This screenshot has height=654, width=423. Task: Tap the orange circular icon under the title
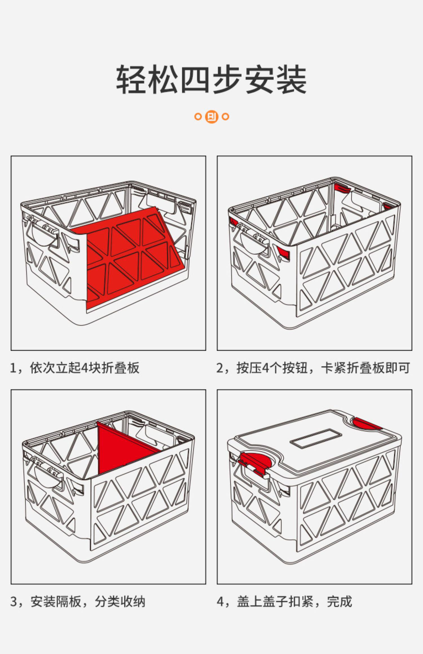point(211,116)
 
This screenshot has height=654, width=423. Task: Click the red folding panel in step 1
point(133,256)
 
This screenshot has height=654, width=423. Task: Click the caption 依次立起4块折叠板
point(84,368)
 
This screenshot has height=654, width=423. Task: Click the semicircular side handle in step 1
point(44,237)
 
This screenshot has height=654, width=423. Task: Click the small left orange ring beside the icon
point(198,116)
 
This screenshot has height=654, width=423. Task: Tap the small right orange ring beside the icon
point(225,116)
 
